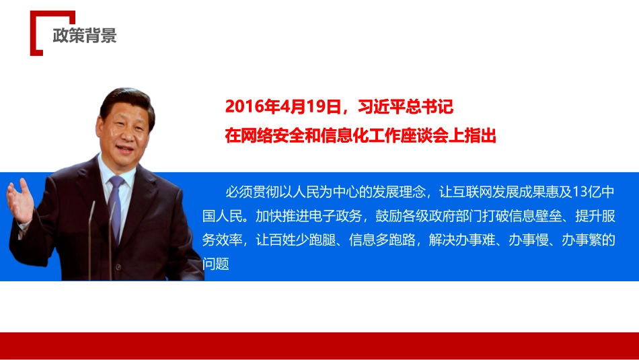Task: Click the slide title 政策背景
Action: [x=85, y=36]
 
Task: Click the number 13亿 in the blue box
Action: [x=585, y=192]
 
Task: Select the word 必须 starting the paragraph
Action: [x=239, y=192]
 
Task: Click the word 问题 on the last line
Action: [x=216, y=264]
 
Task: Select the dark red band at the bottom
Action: [x=319, y=345]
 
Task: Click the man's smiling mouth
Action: [x=125, y=147]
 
